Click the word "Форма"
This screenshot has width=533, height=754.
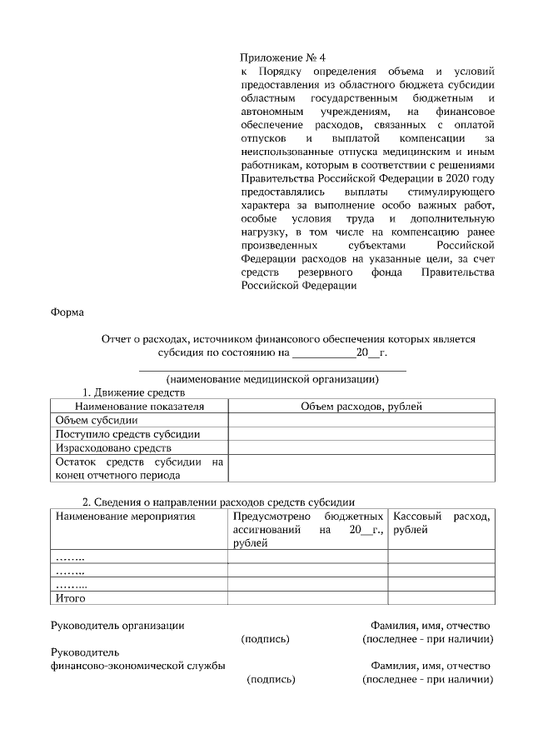coord(70,312)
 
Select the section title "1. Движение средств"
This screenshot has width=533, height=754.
coord(132,392)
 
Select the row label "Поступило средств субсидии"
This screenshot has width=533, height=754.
coord(127,434)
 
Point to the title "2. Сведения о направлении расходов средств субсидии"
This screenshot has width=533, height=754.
coord(218,502)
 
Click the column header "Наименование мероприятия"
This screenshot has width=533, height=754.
coord(125,517)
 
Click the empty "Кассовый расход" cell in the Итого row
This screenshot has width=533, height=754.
coord(441,597)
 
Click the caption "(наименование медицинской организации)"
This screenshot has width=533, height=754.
coord(272,380)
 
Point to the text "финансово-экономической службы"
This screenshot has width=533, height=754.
coord(137,666)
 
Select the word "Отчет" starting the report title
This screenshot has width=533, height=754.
coord(116,339)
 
